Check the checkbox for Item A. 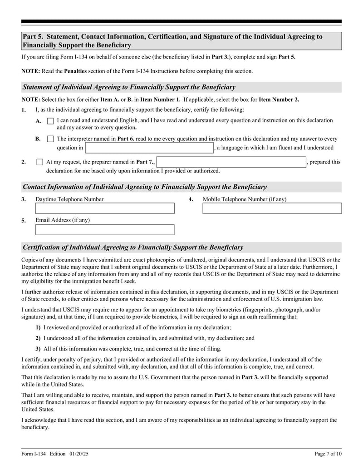50,121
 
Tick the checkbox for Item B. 50,139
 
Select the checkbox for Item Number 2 39,162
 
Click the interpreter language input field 150,148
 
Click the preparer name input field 231,162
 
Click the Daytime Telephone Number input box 105,208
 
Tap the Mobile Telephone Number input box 272,208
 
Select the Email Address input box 105,229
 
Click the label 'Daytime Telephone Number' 69,199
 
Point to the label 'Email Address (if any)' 63,220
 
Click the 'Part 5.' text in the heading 33,37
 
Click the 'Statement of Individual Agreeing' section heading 129,87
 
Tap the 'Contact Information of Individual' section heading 144,187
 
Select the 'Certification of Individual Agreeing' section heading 132,247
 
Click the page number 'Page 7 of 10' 328,454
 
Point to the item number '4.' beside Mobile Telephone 191,199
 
